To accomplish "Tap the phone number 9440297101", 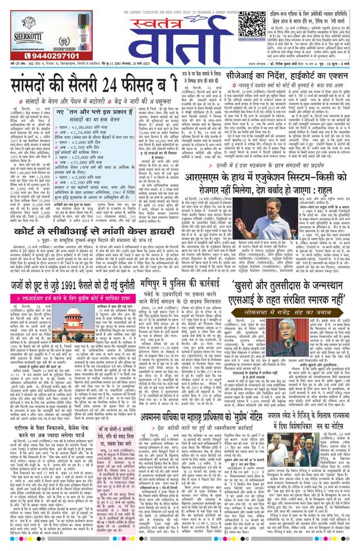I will [37, 56].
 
